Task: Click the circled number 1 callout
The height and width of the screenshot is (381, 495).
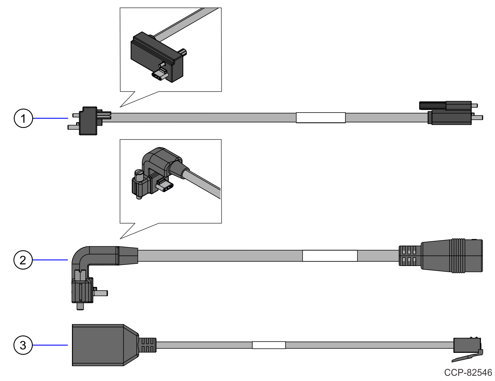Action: (23, 118)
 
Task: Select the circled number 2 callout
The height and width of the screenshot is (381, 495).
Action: (23, 260)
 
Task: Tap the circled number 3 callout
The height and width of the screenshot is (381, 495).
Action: (23, 345)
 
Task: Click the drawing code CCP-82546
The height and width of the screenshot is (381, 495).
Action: (468, 372)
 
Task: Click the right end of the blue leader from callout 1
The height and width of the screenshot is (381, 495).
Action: (68, 118)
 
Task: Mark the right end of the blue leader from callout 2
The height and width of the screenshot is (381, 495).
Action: (68, 260)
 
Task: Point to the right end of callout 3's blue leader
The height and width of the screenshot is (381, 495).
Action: (68, 345)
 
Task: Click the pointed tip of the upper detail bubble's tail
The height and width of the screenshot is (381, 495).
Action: (120, 107)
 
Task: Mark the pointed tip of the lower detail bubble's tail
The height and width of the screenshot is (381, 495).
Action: (120, 239)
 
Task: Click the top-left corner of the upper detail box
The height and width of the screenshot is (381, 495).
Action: (120, 8)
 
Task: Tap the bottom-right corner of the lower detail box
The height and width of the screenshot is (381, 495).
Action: (221, 223)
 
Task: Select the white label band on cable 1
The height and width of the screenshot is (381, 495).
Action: (321, 118)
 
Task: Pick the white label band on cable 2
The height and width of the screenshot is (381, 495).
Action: (330, 256)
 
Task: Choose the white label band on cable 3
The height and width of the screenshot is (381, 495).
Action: (269, 345)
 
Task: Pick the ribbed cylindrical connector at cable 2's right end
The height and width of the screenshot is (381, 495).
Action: (441, 256)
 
